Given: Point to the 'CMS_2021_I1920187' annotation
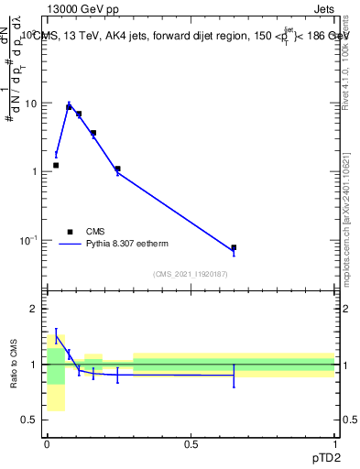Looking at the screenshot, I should (x=191, y=274).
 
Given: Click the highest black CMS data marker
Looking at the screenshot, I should (x=69, y=107).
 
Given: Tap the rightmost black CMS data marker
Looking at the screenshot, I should (x=234, y=247).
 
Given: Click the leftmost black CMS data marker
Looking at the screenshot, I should (x=56, y=165).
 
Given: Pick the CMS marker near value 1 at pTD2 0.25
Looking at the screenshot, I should (x=117, y=169).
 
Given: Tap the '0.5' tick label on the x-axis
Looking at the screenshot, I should (x=191, y=443).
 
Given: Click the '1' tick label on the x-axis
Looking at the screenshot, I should (x=334, y=443).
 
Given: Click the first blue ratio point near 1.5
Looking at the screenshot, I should (x=56, y=337).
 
